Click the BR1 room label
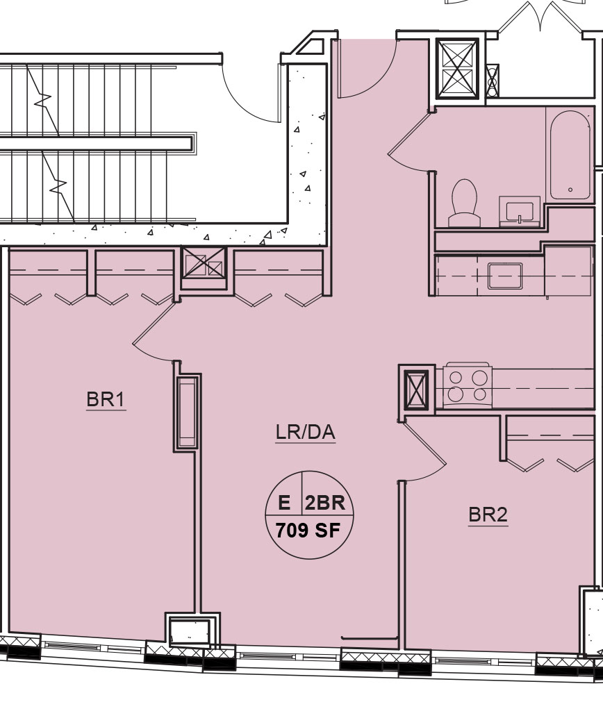pos(106,399)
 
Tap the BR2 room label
pos(488,515)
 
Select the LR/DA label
pos(305,433)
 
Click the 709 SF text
pos(308,531)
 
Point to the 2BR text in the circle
pos(325,503)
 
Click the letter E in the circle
pos(284,503)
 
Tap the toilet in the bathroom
pos(464,202)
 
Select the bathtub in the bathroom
pos(570,155)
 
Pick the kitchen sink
pos(504,276)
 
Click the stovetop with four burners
pos(468,385)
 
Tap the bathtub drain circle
pos(570,190)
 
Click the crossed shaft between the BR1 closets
pos(204,262)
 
